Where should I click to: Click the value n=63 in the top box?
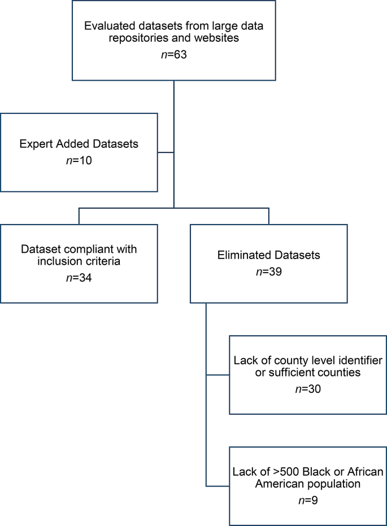(174, 55)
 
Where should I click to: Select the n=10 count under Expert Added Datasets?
(79, 160)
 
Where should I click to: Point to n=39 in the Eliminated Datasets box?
(268, 272)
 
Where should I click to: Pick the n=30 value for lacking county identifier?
(308, 389)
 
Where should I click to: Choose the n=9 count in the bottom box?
(308, 501)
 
